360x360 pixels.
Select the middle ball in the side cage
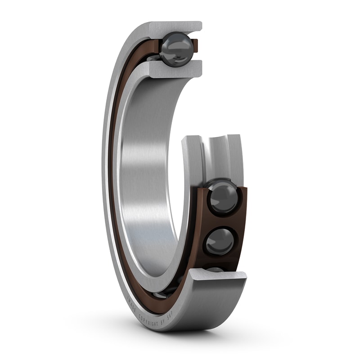click(x=220, y=241)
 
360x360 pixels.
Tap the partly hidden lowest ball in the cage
click(x=215, y=269)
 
